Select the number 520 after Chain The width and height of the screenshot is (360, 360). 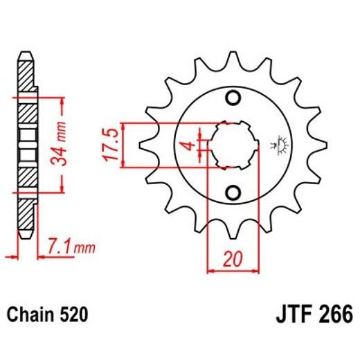click(x=73, y=315)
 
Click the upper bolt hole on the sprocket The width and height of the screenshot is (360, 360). click(x=233, y=96)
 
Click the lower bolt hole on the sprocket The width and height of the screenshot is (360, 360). click(x=233, y=192)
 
